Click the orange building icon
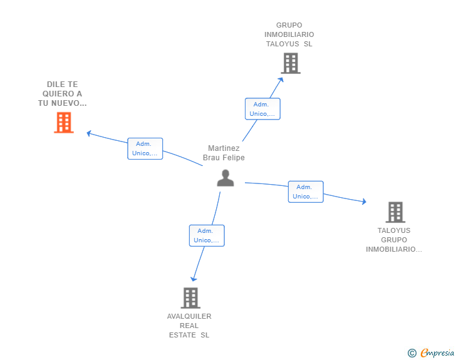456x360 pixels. pyautogui.click(x=64, y=123)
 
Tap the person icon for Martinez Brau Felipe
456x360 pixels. pyautogui.click(x=225, y=178)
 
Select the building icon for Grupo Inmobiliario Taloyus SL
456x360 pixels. pyautogui.click(x=291, y=63)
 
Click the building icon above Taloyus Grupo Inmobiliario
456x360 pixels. pyautogui.click(x=395, y=212)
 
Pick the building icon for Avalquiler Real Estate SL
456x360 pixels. pyautogui.click(x=190, y=298)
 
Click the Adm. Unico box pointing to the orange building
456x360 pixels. pyautogui.click(x=145, y=148)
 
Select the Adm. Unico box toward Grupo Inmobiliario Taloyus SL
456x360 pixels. pyautogui.click(x=262, y=109)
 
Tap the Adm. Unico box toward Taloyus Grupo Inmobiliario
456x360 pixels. pyautogui.click(x=306, y=192)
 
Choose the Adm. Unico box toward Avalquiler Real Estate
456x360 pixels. pyautogui.click(x=207, y=235)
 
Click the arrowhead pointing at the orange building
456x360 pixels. pyautogui.click(x=90, y=133)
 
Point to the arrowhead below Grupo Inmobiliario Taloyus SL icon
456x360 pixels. pyautogui.click(x=281, y=80)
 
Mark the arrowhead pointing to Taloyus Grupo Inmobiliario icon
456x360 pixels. pyautogui.click(x=364, y=201)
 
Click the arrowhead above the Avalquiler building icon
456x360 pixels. pyautogui.click(x=194, y=279)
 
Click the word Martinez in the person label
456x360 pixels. pyautogui.click(x=224, y=148)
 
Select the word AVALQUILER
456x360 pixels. pyautogui.click(x=189, y=316)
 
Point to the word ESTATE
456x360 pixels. pyautogui.click(x=182, y=335)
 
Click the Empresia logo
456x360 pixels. pyautogui.click(x=437, y=352)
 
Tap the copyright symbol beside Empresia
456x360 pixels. pyautogui.click(x=412, y=353)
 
